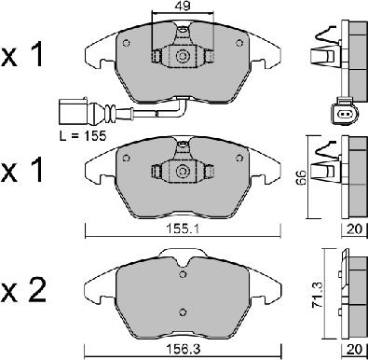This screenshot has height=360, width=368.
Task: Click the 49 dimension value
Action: click(183, 6)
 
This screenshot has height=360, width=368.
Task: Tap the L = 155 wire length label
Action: click(83, 135)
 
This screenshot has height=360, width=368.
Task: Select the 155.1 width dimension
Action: click(183, 229)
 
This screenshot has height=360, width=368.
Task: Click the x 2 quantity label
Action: click(23, 290)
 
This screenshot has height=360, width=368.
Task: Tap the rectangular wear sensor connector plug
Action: click(74, 111)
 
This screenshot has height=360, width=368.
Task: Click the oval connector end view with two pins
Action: click(345, 115)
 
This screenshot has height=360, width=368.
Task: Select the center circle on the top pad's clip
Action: click(183, 56)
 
